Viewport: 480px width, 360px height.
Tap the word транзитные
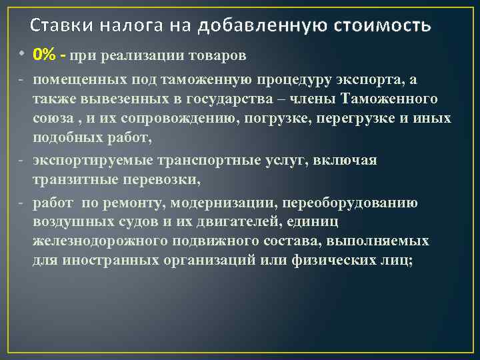coord(77,180)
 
